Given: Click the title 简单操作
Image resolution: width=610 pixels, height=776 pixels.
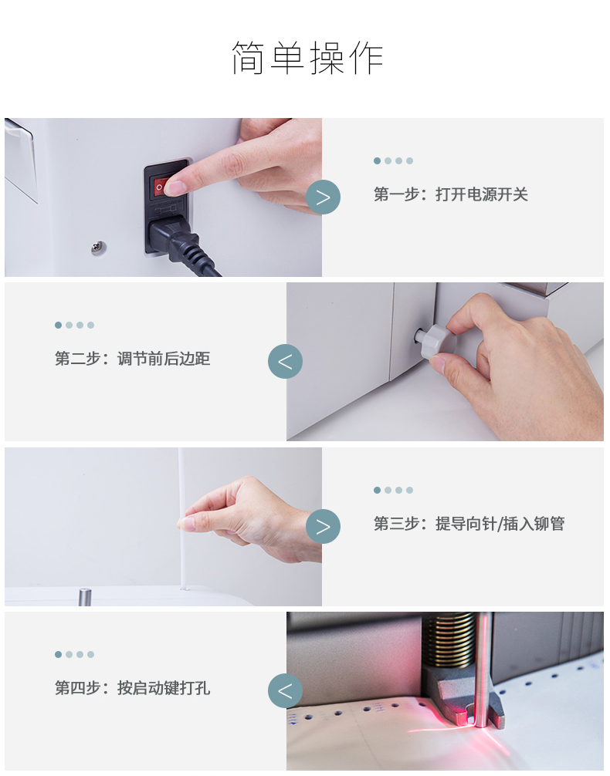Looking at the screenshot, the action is pyautogui.click(x=307, y=58).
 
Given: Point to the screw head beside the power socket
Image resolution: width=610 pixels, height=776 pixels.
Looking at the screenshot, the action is pyautogui.click(x=99, y=247).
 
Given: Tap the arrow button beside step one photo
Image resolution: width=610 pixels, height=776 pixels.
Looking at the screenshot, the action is pyautogui.click(x=323, y=197).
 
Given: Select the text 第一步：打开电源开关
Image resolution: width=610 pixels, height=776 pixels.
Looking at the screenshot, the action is pyautogui.click(x=450, y=194).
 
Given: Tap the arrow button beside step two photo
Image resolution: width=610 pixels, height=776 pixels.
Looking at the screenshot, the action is pyautogui.click(x=286, y=361).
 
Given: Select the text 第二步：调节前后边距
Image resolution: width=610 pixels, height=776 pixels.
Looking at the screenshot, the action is pyautogui.click(x=132, y=359).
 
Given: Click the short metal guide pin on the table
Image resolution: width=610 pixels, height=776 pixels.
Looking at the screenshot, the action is pyautogui.click(x=85, y=596).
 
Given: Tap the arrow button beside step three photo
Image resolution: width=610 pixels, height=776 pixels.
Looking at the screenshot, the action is pyautogui.click(x=323, y=526).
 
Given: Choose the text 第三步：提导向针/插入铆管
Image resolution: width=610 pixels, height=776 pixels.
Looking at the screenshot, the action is pyautogui.click(x=469, y=524).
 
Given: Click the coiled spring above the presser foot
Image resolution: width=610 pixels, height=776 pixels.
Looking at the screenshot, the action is pyautogui.click(x=449, y=640).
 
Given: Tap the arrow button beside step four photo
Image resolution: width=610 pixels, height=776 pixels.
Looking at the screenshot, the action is pyautogui.click(x=286, y=691).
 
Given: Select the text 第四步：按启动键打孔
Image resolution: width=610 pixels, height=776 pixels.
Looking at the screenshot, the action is pyautogui.click(x=132, y=688).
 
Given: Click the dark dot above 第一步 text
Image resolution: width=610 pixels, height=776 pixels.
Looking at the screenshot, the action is pyautogui.click(x=377, y=161).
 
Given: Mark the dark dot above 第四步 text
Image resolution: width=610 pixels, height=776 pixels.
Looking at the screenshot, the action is pyautogui.click(x=58, y=654).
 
